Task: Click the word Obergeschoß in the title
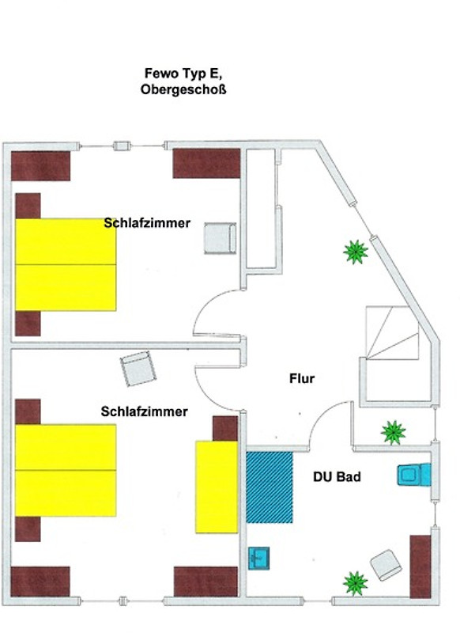pos(183,89)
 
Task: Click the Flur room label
pos(302,378)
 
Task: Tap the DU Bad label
pos(337,477)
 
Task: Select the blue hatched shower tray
pos(270,487)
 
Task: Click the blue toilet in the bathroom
pos(413,474)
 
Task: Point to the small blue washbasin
pos(258,558)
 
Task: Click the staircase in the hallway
pos(392,332)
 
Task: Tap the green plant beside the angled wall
pos(356,252)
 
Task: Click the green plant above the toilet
pos(393,432)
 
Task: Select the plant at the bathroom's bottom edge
pos(356,583)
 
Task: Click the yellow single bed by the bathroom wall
pos(217,487)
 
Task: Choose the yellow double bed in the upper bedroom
pos(66,265)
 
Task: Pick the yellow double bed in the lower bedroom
pos(66,470)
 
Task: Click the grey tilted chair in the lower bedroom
pos(138,369)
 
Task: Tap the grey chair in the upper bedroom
pos(220,238)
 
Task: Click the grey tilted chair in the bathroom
pos(386,565)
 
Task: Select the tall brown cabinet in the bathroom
pos(420,567)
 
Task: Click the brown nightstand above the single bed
pos(225,428)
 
